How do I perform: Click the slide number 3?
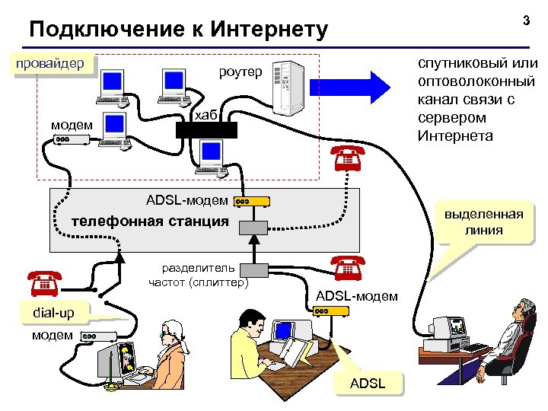(x=525, y=22)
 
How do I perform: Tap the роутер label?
(x=240, y=72)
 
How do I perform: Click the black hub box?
(x=207, y=129)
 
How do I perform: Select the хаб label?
(x=206, y=114)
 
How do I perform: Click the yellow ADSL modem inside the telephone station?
(x=252, y=202)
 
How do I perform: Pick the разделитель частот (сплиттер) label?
(x=199, y=275)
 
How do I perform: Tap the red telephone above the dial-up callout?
(x=45, y=282)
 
